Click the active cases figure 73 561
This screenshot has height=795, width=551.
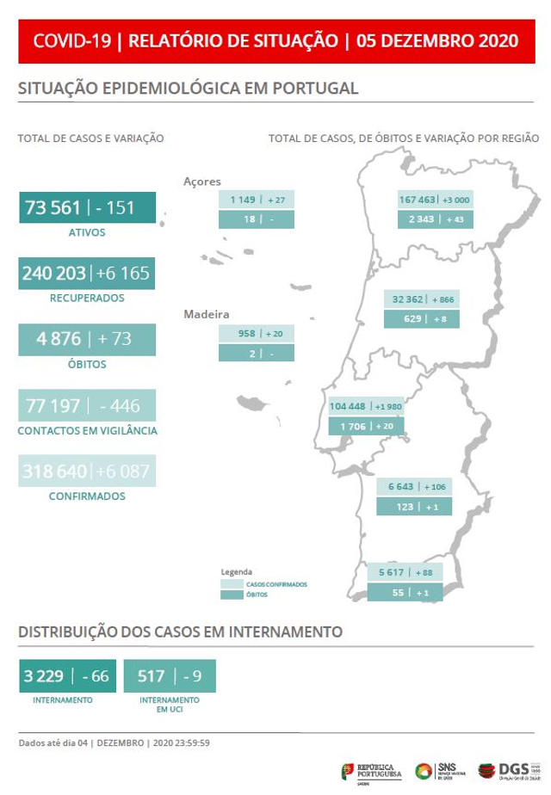(53, 208)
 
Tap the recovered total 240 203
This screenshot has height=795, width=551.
(54, 274)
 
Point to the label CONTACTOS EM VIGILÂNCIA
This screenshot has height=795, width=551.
(87, 430)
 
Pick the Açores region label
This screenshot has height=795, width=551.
(202, 182)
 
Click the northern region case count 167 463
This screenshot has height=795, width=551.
(418, 200)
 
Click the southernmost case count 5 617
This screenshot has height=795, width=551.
(392, 573)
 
